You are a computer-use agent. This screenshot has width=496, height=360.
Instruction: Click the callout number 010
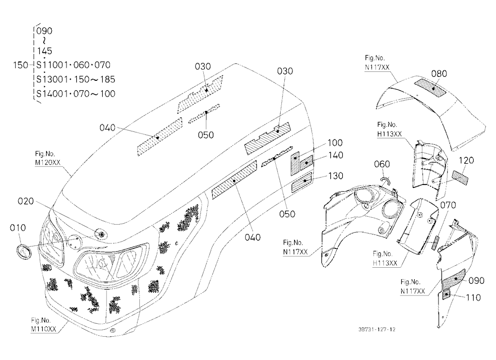[18, 228]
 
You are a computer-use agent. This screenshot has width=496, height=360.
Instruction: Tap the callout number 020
[26, 201]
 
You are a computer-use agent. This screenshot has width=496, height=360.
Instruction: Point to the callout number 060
[382, 164]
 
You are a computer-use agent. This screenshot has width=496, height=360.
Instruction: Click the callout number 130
[335, 176]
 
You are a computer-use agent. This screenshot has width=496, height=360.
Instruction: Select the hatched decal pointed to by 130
[302, 183]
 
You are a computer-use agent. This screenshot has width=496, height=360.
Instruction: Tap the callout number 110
[473, 298]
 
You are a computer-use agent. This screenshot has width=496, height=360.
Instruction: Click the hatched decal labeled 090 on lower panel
[454, 278]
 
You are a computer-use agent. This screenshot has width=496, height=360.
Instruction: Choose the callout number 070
[448, 205]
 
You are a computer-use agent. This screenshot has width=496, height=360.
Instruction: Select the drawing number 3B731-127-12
[377, 329]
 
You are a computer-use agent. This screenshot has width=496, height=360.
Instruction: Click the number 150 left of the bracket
[20, 65]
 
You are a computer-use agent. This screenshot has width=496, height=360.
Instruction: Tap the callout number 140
[335, 155]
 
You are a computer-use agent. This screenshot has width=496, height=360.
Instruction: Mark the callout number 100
[335, 143]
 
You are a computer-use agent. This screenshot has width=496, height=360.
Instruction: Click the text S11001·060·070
[73, 65]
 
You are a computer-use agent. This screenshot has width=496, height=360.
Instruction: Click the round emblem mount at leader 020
[102, 235]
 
